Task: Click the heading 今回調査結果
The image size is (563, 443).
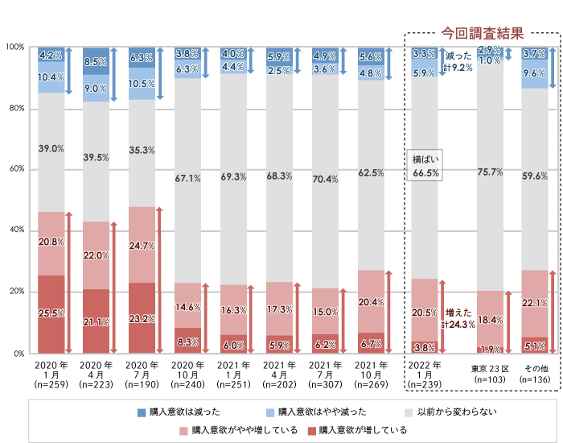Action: (x=483, y=34)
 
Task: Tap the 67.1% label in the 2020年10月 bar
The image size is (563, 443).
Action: (x=187, y=178)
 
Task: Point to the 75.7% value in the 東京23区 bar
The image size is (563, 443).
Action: (x=490, y=172)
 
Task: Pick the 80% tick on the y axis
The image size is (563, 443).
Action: (x=17, y=108)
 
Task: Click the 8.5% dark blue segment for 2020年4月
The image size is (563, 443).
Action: (x=96, y=61)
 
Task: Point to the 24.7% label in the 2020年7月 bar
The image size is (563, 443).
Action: (x=142, y=245)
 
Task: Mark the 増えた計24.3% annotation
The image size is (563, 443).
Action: (x=458, y=318)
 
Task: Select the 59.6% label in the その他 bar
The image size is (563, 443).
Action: (x=535, y=176)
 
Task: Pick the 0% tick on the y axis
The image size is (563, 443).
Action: (x=20, y=353)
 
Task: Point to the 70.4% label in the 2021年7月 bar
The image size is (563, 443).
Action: (x=325, y=179)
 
